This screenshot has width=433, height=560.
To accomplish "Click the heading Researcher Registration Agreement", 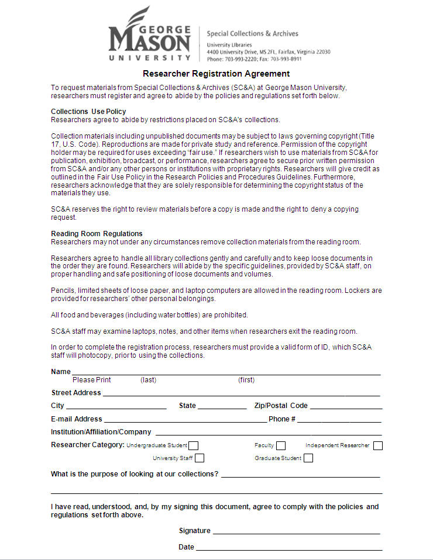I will click(x=216, y=74).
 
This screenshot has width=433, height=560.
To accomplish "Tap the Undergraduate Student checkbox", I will click(x=193, y=446).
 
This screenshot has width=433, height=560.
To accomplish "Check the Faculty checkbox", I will click(x=281, y=446).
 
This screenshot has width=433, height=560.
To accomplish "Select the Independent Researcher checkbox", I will click(x=378, y=446).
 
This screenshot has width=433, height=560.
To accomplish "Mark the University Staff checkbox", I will click(x=200, y=458).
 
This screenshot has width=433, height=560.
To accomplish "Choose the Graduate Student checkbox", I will click(x=308, y=458).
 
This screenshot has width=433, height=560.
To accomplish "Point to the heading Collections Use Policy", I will click(x=88, y=111).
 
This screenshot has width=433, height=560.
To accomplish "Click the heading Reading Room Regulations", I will click(x=97, y=233).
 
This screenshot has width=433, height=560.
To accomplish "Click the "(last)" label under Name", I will click(x=149, y=380).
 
